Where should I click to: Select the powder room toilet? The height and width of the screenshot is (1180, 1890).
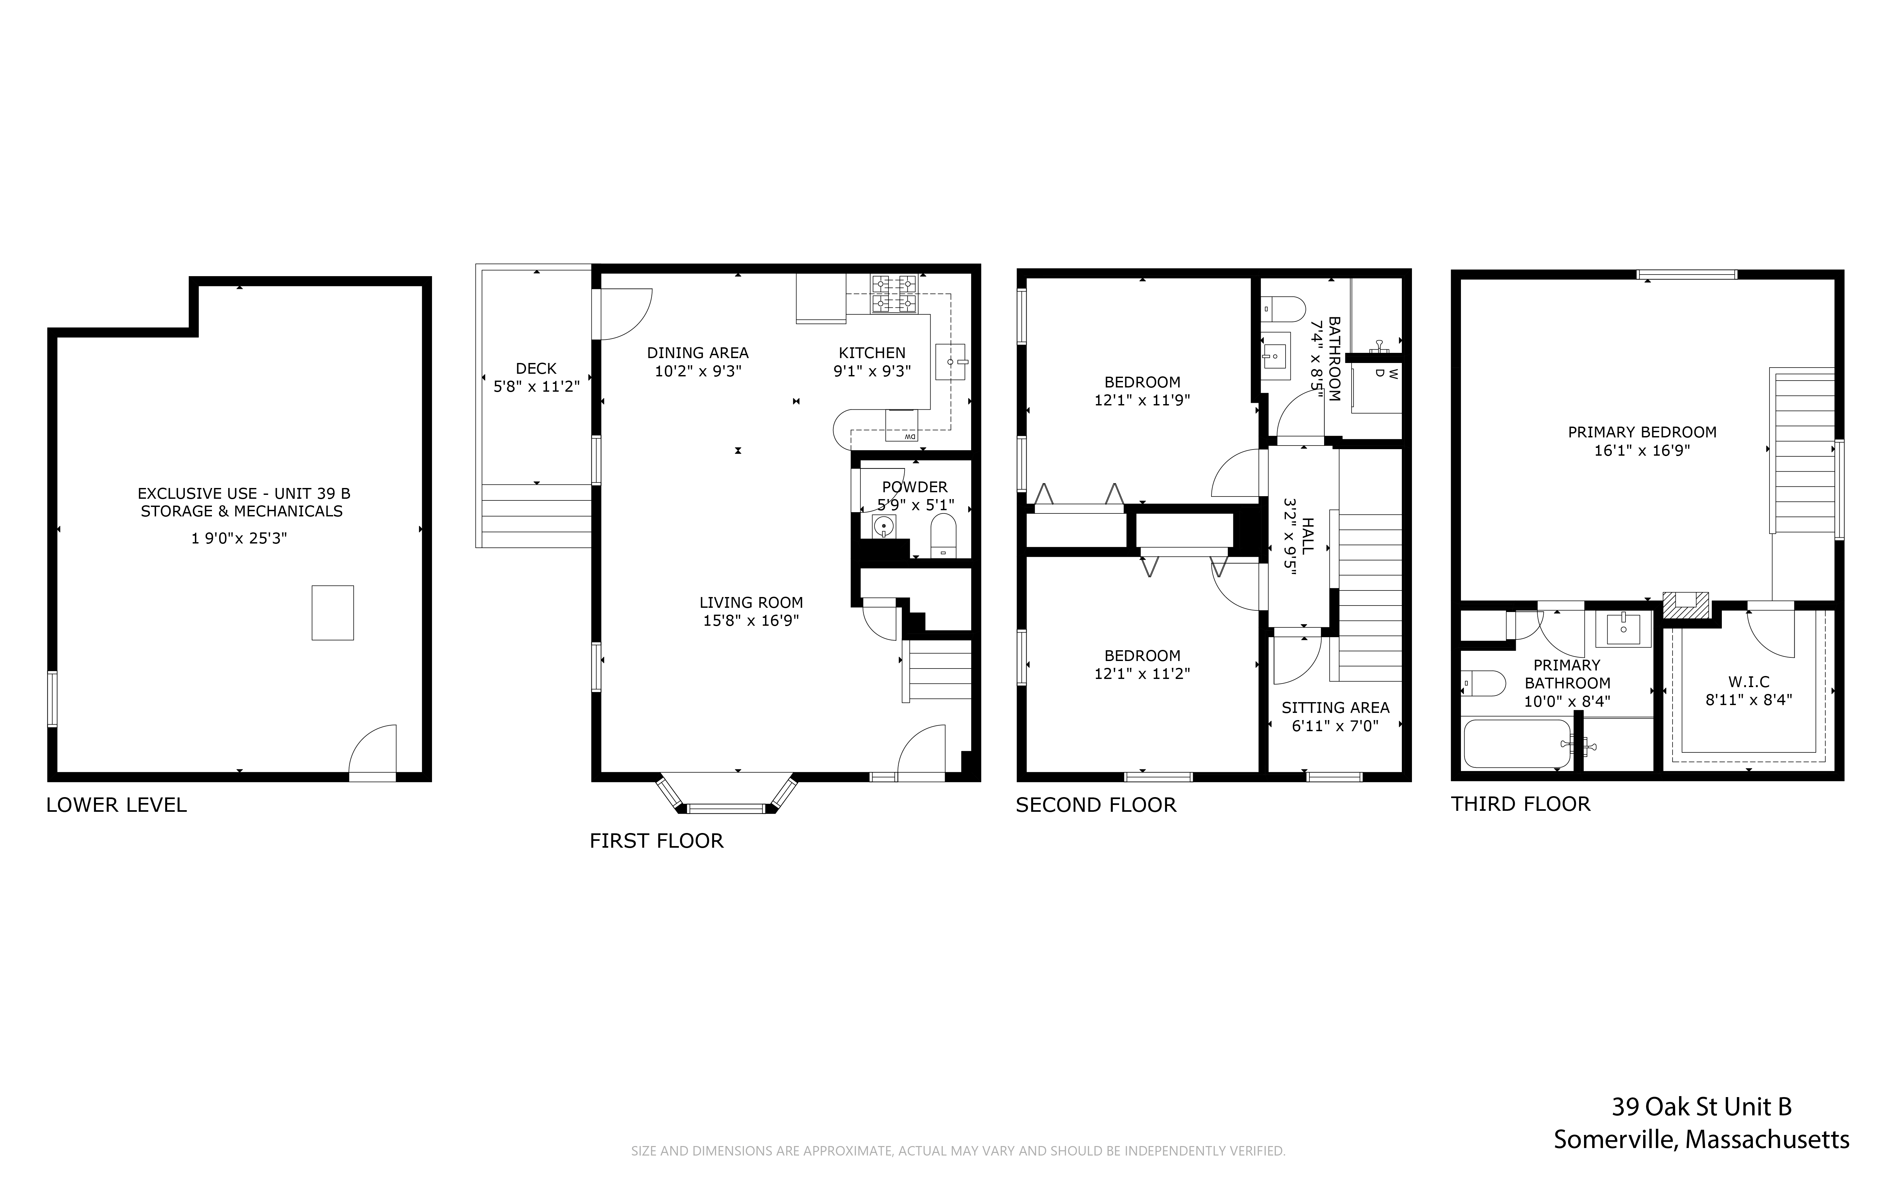943,536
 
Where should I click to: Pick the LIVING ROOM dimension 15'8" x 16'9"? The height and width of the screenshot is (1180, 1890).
750,621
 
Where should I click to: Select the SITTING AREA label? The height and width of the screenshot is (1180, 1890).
1335,708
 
